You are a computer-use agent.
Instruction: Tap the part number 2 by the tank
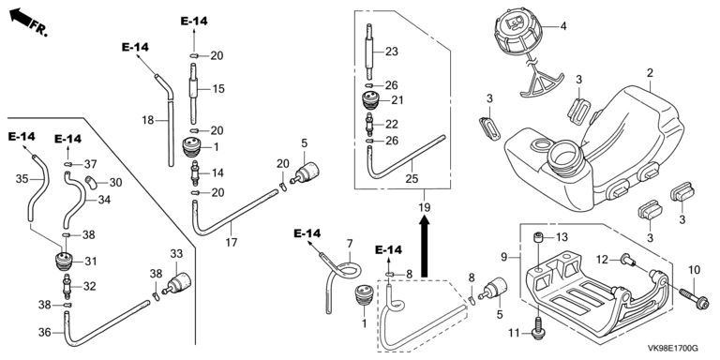(650, 72)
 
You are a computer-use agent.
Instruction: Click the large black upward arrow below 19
(425, 247)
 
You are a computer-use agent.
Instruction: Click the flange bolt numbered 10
(693, 297)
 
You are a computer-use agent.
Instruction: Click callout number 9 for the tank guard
(504, 258)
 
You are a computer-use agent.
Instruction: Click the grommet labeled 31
(66, 261)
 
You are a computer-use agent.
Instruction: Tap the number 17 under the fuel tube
(232, 242)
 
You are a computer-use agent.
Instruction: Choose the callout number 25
(412, 178)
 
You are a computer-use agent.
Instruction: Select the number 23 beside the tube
(391, 52)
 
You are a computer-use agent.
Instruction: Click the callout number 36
(45, 332)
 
